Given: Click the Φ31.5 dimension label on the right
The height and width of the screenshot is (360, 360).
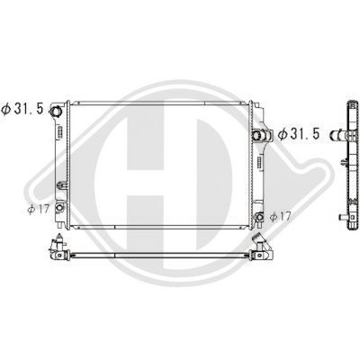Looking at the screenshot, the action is [x=299, y=134].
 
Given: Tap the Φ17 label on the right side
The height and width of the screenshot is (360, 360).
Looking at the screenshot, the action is [x=280, y=216].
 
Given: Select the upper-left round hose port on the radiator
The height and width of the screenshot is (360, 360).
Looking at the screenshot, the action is [x=56, y=112].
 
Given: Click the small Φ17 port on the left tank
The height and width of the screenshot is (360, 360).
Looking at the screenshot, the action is [x=59, y=207].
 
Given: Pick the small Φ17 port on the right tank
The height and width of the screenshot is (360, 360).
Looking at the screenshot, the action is [x=259, y=216].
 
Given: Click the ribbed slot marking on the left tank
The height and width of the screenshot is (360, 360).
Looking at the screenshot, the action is [x=60, y=130].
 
